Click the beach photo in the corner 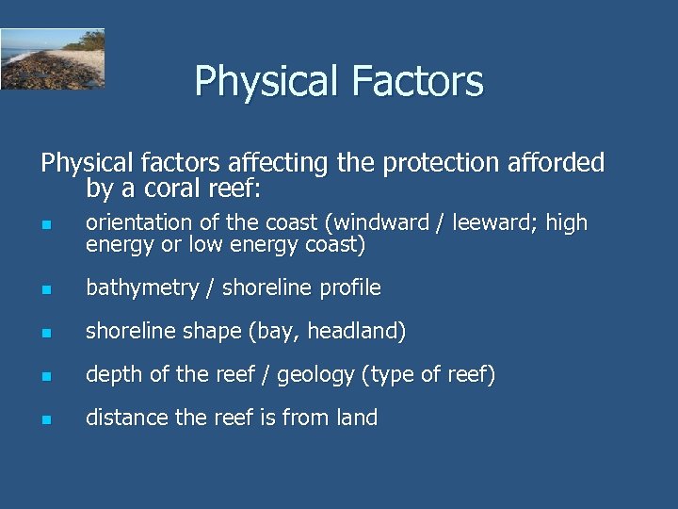[x=52, y=58]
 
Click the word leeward [x=486, y=223]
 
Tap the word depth [x=113, y=374]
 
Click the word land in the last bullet [x=356, y=418]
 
